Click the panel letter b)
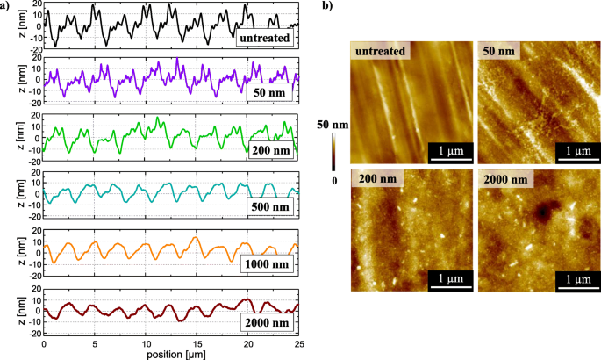pyautogui.click(x=328, y=6)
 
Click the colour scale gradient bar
pyautogui.click(x=333, y=150)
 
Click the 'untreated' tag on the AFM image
pyautogui.click(x=382, y=51)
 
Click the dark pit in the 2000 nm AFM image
pyautogui.click(x=544, y=212)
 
